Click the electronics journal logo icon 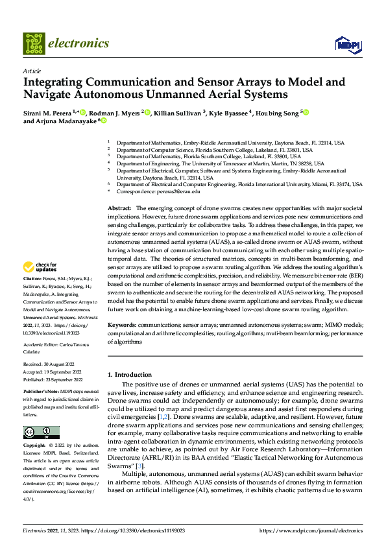click(x=34, y=43)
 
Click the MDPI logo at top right click(x=347, y=43)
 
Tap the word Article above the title click(x=32, y=71)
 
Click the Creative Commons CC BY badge click(x=41, y=433)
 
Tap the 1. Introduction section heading click(x=129, y=375)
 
